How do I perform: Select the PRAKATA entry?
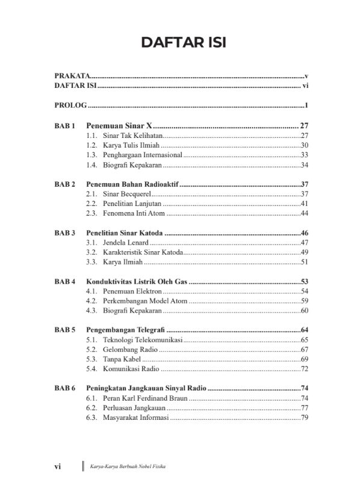72,77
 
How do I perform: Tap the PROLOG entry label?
70,107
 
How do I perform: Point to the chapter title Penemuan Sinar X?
120,126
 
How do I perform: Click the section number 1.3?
92,155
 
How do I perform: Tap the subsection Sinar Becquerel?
125,194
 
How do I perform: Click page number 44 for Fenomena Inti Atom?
304,213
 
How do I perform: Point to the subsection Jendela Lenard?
125,243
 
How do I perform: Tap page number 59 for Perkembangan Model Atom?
304,301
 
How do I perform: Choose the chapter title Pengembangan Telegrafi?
126,330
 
